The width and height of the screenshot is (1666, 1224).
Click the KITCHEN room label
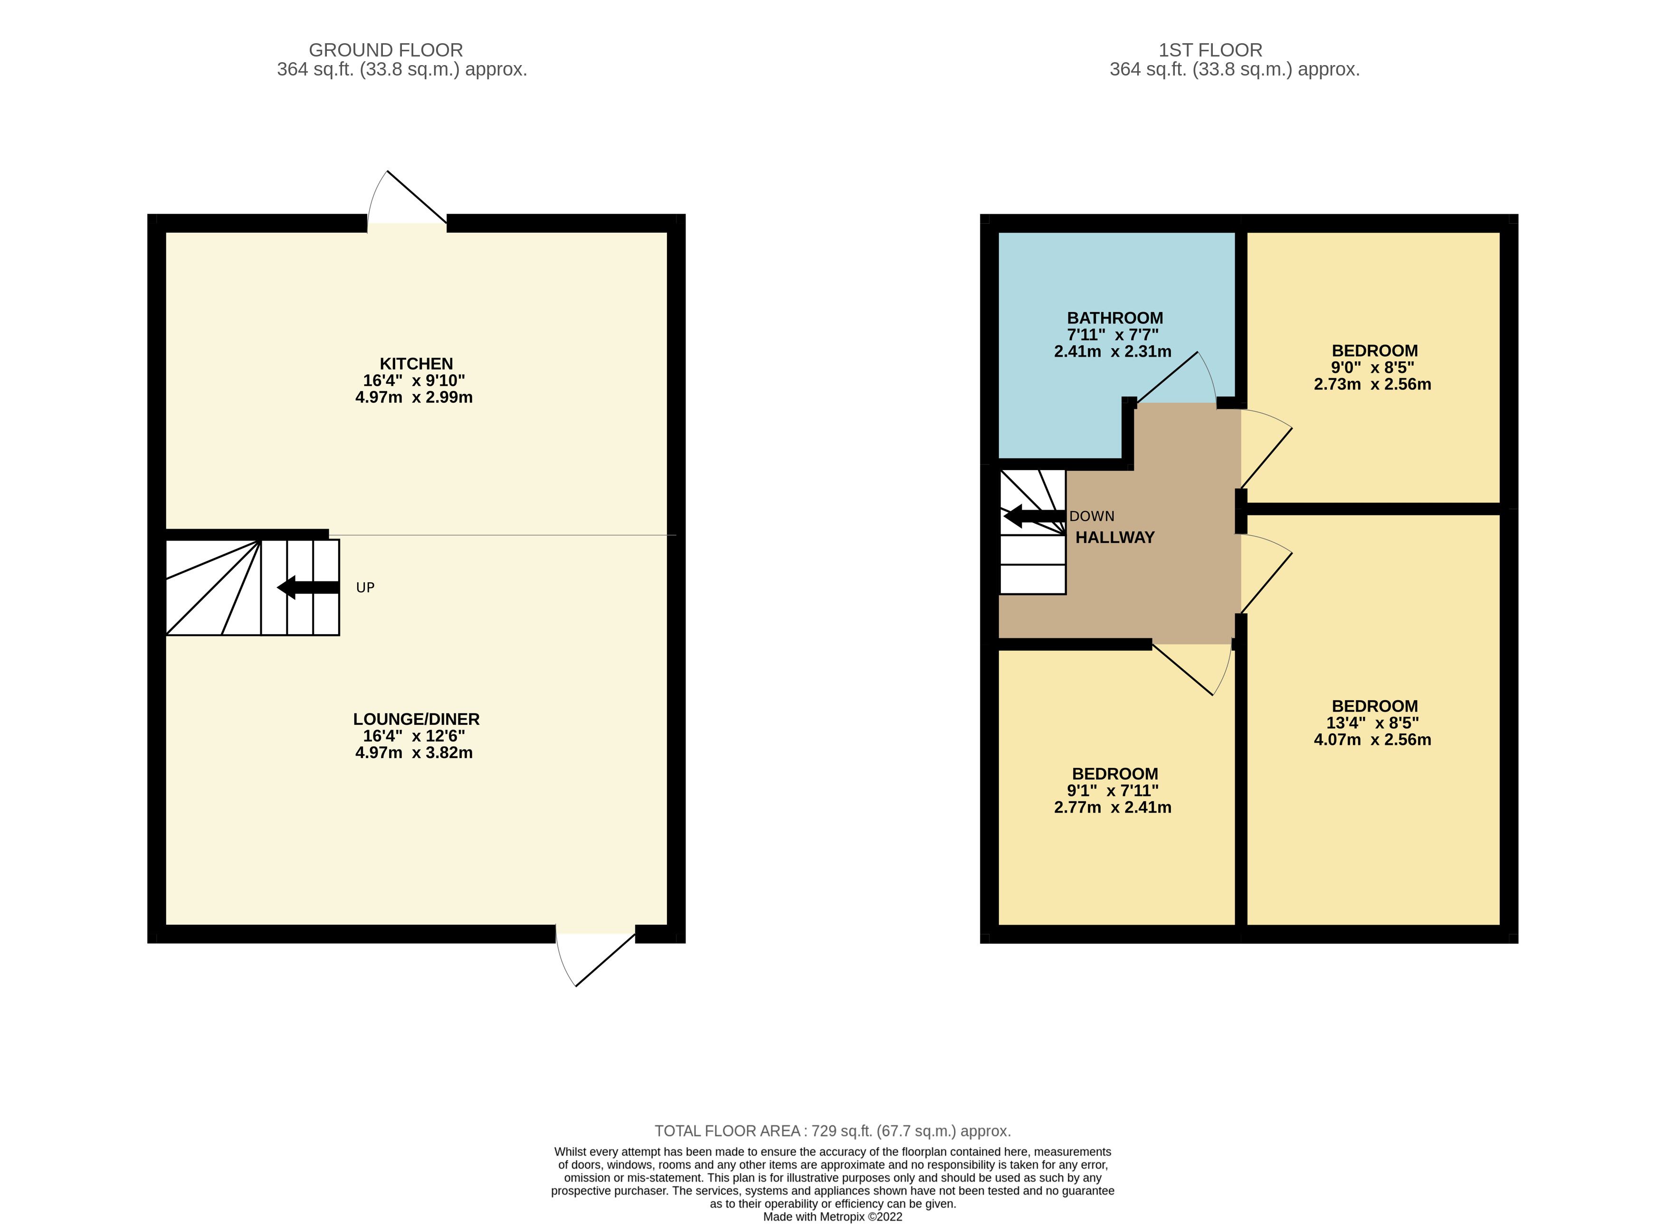(416, 364)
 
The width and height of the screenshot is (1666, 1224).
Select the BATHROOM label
(1114, 318)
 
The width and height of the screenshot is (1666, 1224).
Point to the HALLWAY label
(1114, 538)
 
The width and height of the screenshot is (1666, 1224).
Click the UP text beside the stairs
(365, 588)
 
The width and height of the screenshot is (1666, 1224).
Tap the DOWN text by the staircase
(1092, 516)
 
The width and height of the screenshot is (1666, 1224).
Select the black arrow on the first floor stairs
(1033, 516)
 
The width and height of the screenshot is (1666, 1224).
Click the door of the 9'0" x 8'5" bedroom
(1266, 456)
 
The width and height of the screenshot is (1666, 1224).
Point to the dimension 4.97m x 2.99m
(414, 397)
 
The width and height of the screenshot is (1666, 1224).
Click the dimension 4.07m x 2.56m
(1372, 740)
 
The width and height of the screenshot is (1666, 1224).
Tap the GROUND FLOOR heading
(385, 50)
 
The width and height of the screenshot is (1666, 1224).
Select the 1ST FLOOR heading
(1210, 50)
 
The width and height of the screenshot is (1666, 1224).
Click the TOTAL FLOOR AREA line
(832, 1131)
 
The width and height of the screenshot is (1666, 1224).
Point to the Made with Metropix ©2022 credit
(832, 1216)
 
